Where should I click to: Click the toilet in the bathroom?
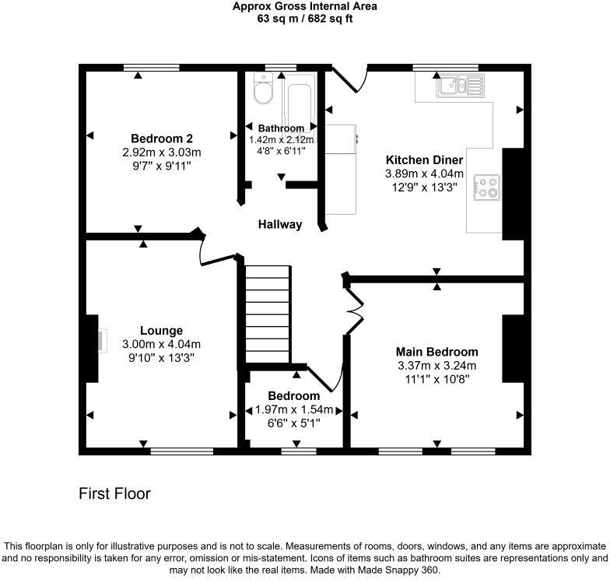(263, 89)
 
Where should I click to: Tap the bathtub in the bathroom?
(299, 106)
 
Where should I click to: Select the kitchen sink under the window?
(461, 86)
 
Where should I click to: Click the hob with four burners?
(486, 188)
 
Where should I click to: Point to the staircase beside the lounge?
(268, 314)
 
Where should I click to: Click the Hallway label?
(280, 224)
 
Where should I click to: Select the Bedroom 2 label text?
(162, 139)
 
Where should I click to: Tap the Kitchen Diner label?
(425, 160)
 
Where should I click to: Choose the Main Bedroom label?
(437, 352)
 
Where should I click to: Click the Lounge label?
(162, 330)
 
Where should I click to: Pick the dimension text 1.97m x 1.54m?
(294, 409)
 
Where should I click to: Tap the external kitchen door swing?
(349, 79)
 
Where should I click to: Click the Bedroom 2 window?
(151, 68)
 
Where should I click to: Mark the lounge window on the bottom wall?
(182, 451)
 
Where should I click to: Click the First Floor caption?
(114, 493)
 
